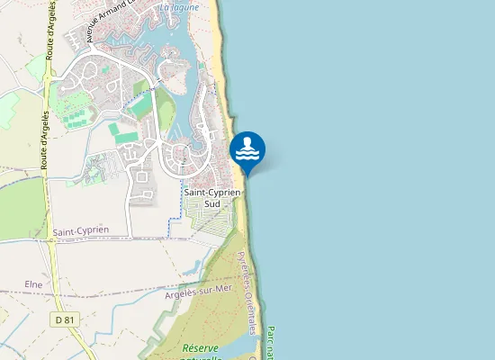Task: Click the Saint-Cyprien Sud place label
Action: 212,197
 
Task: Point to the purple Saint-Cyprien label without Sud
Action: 80,230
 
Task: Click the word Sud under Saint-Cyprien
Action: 212,203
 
